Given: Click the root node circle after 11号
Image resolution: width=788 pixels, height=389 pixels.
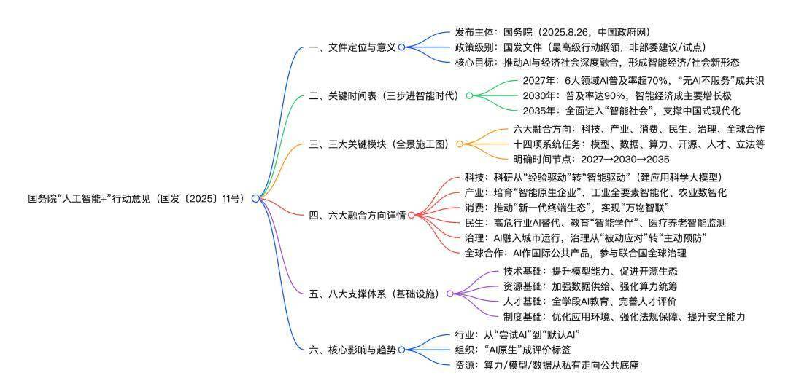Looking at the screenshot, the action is click(x=255, y=199).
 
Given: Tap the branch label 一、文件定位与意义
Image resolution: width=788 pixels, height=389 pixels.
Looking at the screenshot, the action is click(x=352, y=47).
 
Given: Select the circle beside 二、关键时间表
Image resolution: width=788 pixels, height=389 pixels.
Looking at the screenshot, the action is click(x=469, y=95).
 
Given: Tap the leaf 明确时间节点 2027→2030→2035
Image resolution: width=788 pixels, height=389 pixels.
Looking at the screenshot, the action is click(x=591, y=159).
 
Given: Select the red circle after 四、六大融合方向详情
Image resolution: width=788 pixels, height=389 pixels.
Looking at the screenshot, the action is click(x=411, y=215).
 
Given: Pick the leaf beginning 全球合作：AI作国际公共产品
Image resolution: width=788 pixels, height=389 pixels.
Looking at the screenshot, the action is click(x=576, y=253).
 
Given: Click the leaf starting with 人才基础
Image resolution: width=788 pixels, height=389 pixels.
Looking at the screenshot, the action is click(x=590, y=301).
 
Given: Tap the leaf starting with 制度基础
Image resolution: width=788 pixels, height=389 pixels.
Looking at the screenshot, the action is click(x=624, y=316).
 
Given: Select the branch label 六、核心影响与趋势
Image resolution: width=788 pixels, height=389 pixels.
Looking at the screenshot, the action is click(x=352, y=350).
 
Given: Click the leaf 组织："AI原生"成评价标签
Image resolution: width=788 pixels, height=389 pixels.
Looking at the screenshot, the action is click(x=512, y=350).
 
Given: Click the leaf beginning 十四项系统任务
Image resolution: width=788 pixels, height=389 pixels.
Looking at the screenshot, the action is click(x=638, y=144).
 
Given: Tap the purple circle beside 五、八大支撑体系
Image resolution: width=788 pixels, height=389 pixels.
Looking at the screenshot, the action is click(x=449, y=294).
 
